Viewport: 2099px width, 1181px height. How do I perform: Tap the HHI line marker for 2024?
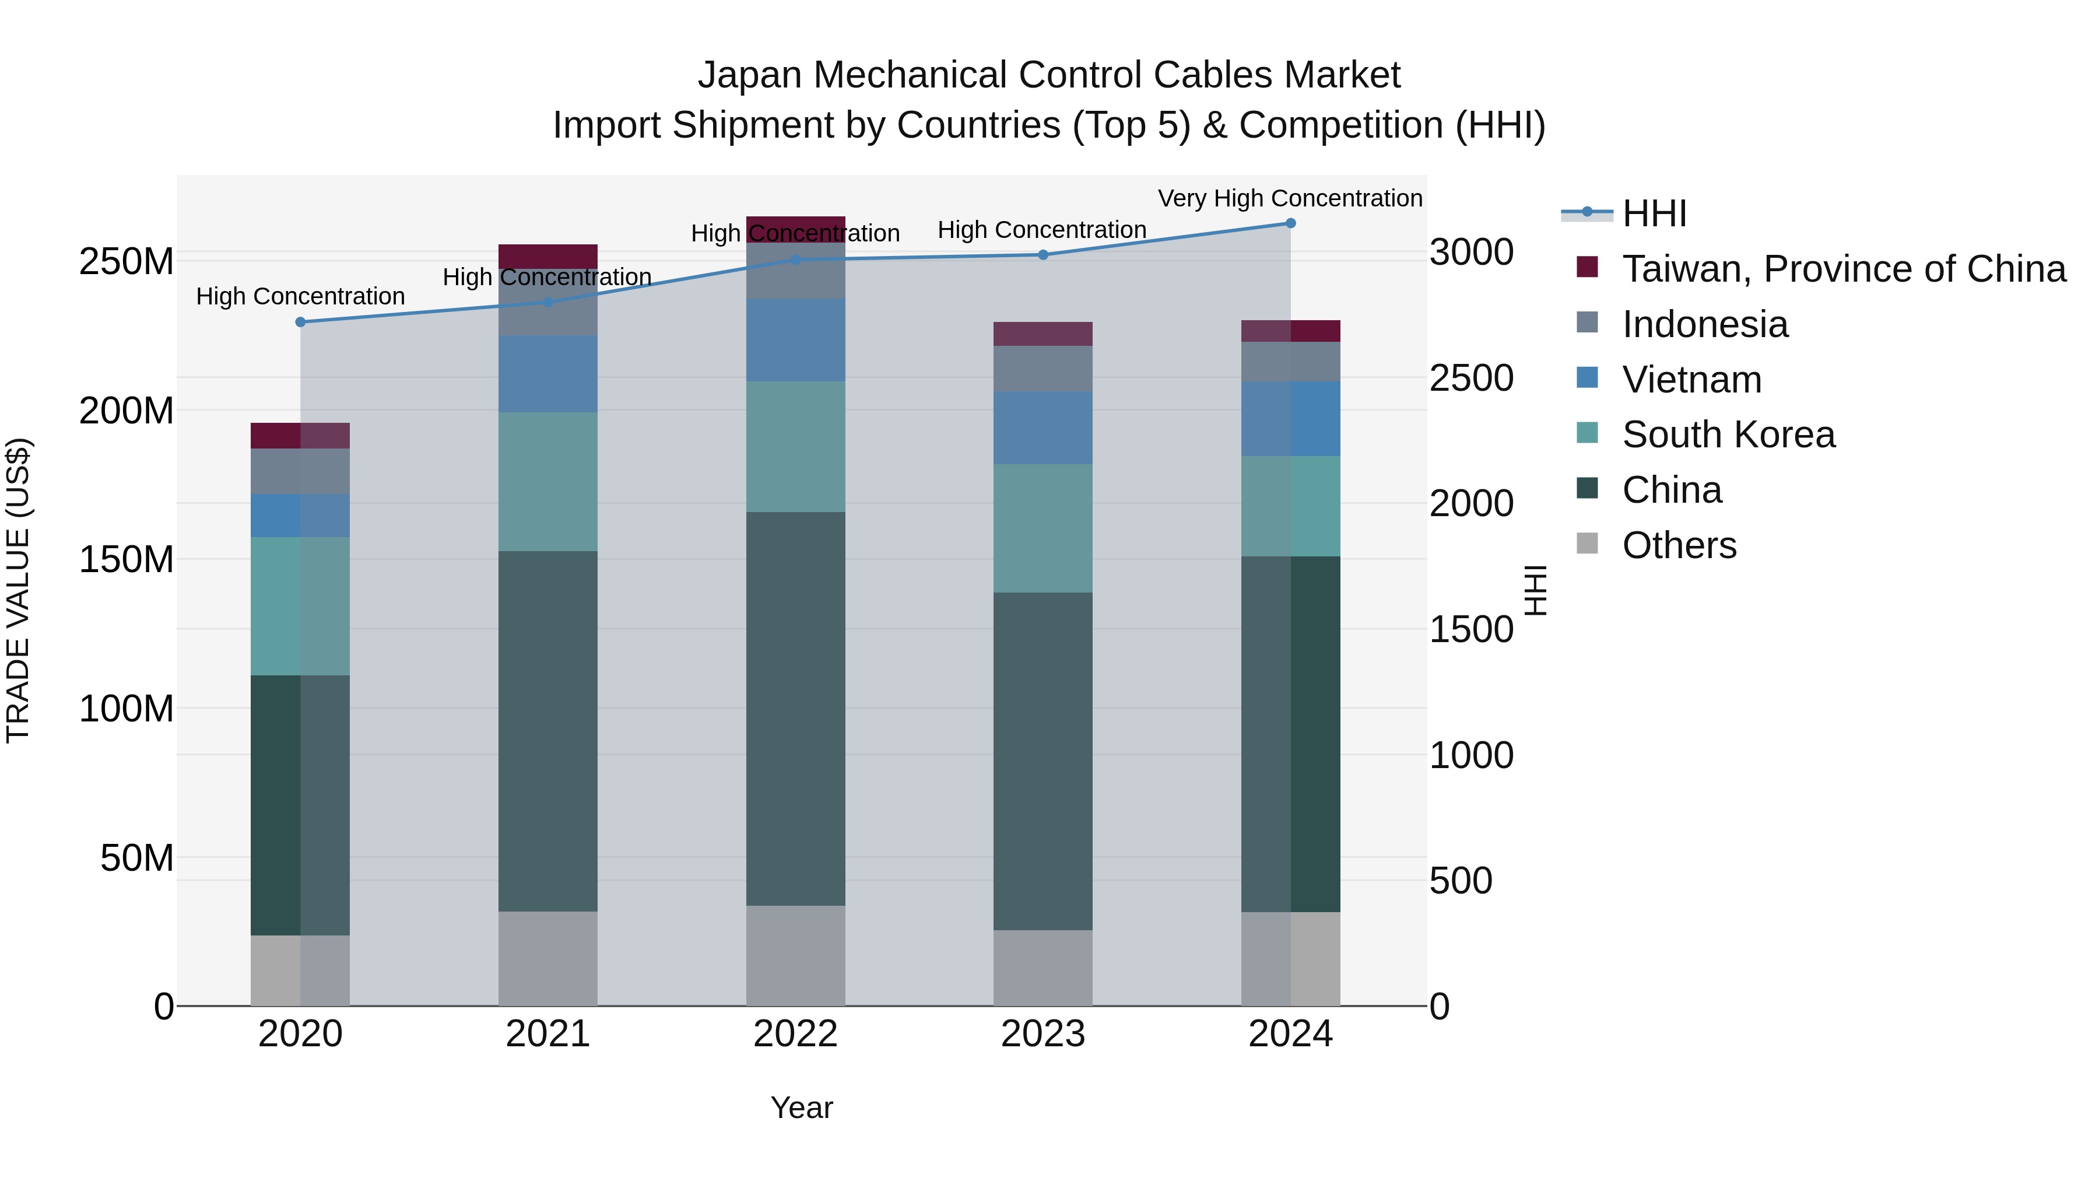click(x=1291, y=223)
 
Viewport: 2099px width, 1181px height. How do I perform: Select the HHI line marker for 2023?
click(x=1043, y=255)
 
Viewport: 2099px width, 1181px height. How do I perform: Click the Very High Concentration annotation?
click(x=1290, y=198)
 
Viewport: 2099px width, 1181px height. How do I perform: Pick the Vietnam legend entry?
click(x=1691, y=380)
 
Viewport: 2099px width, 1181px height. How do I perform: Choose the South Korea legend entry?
click(x=1728, y=434)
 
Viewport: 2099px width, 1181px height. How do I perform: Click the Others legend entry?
click(x=1679, y=545)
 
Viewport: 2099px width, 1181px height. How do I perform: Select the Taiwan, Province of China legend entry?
click(x=1843, y=269)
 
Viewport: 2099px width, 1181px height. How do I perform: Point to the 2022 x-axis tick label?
click(x=795, y=1034)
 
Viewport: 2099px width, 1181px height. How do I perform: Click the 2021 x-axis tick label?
click(x=547, y=1034)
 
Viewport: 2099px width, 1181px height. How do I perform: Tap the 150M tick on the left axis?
click(x=127, y=560)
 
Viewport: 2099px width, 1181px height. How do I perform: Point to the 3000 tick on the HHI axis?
click(x=1472, y=252)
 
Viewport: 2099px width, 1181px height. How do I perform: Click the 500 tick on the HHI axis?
click(x=1461, y=881)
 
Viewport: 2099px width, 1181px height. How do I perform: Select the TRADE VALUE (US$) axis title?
click(x=18, y=590)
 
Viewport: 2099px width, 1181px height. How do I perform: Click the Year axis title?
click(x=802, y=1108)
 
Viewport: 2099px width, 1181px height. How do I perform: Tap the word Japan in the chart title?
click(x=750, y=75)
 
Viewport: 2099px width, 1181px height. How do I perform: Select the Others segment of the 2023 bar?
click(x=1043, y=968)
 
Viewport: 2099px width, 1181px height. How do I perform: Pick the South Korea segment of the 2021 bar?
click(x=547, y=482)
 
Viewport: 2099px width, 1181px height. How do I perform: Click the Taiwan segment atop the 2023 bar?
click(x=1043, y=334)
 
